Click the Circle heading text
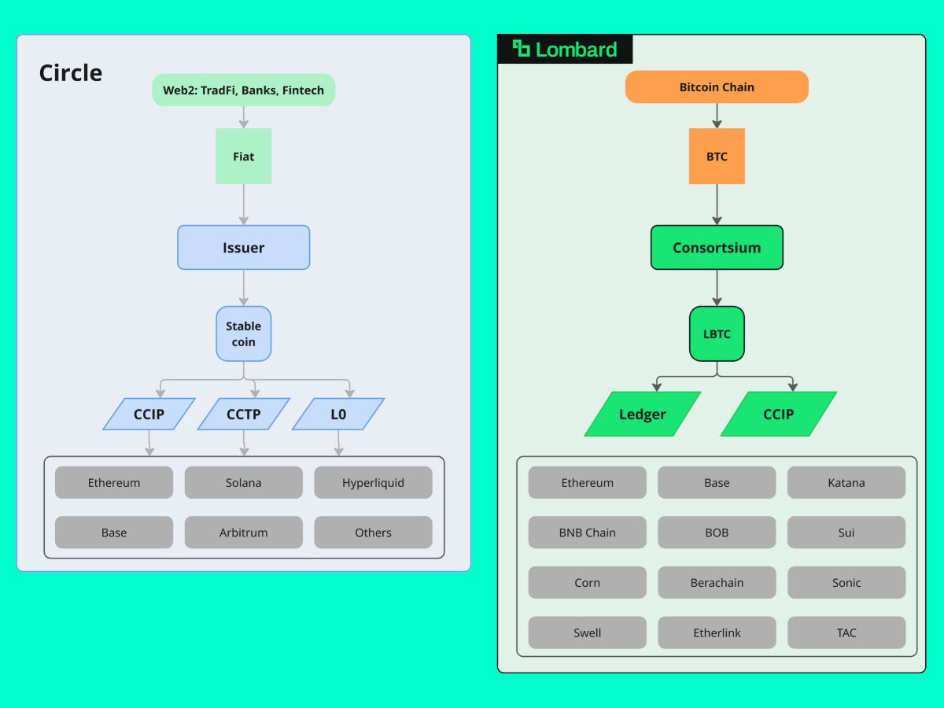point(71,73)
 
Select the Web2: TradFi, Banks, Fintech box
point(243,90)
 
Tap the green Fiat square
point(243,157)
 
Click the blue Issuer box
point(243,248)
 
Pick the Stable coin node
point(243,334)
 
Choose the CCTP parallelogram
point(243,414)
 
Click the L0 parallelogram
point(337,414)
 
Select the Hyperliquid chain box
point(373,482)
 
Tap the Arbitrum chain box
point(243,533)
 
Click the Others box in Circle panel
point(373,533)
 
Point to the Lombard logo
point(565,50)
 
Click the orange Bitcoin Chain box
point(717,87)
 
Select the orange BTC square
point(717,157)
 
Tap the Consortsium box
point(717,248)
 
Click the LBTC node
point(717,334)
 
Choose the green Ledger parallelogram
point(642,414)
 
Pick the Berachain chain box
point(717,583)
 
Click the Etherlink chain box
point(717,632)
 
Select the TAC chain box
point(846,632)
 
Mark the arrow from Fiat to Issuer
point(243,205)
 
